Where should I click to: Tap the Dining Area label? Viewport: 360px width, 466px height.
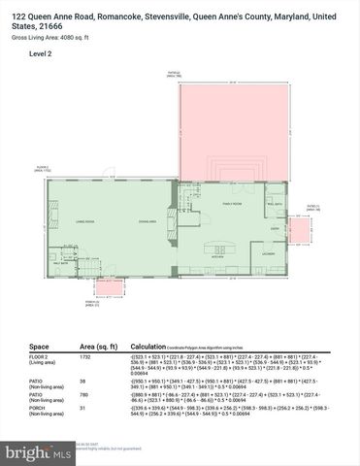(x=148, y=222)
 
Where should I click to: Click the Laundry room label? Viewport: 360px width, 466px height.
(x=269, y=254)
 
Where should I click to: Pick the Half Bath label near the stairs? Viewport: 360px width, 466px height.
(x=59, y=262)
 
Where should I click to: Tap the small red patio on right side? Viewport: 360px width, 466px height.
(x=300, y=231)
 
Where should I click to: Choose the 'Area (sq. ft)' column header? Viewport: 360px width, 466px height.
(x=100, y=346)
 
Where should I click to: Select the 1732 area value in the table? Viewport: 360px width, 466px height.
(x=87, y=359)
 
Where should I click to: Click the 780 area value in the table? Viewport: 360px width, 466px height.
(x=85, y=394)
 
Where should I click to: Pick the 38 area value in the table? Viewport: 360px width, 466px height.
(x=84, y=381)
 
